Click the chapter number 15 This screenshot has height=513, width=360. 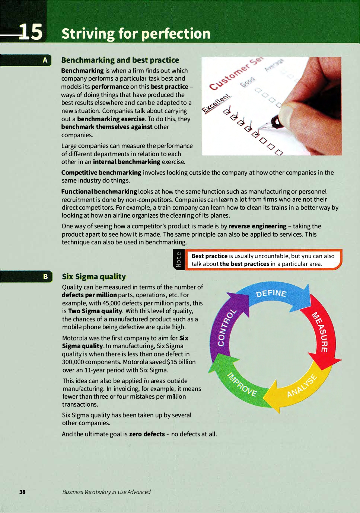click(x=31, y=32)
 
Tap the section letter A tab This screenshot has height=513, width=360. click(x=45, y=60)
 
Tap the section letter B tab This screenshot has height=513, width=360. click(x=45, y=276)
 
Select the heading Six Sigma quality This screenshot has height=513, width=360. click(x=94, y=276)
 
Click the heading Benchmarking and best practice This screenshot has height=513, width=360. click(x=120, y=60)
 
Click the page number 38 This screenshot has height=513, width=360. click(x=22, y=492)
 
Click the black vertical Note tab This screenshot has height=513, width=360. click(x=179, y=260)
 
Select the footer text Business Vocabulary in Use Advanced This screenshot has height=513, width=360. click(x=106, y=492)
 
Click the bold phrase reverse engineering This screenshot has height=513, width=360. click(x=257, y=226)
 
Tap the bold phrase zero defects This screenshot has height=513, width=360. click(x=147, y=434)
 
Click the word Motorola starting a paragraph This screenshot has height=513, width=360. click(x=75, y=338)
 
